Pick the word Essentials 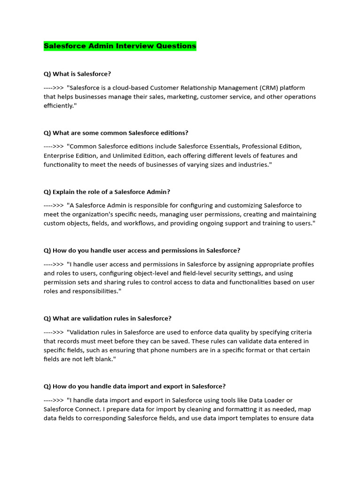(213, 147)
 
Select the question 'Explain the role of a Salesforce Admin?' (107, 192)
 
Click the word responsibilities (93, 292)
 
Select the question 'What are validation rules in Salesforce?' (108, 318)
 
